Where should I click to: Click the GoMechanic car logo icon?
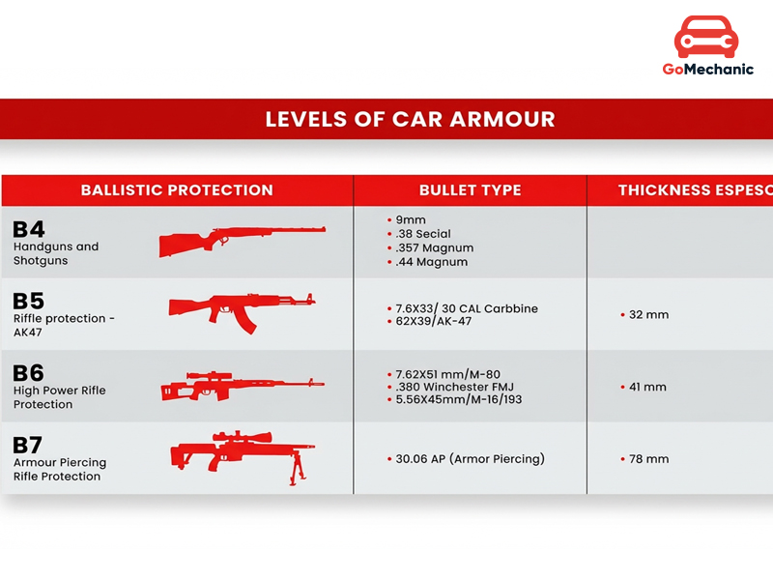(707, 36)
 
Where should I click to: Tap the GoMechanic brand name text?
(707, 70)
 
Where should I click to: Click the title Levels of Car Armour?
(410, 120)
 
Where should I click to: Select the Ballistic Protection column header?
(177, 190)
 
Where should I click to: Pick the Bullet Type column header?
(470, 190)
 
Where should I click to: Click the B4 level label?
(29, 229)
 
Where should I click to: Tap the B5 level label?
(29, 301)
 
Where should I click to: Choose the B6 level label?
(29, 373)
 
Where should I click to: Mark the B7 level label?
(29, 446)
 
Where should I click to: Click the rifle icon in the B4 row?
(242, 240)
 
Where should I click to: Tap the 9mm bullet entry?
(411, 219)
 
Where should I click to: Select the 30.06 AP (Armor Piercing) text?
(471, 459)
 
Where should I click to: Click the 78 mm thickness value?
(649, 459)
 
